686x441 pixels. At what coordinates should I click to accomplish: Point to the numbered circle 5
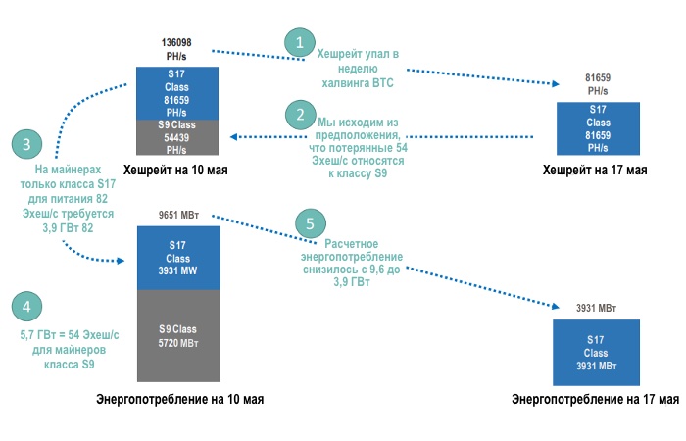click(x=310, y=223)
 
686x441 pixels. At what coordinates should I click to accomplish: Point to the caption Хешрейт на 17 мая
click(x=595, y=170)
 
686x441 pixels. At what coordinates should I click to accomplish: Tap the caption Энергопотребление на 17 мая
click(x=596, y=399)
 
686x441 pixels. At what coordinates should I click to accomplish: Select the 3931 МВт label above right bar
click(x=596, y=308)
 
